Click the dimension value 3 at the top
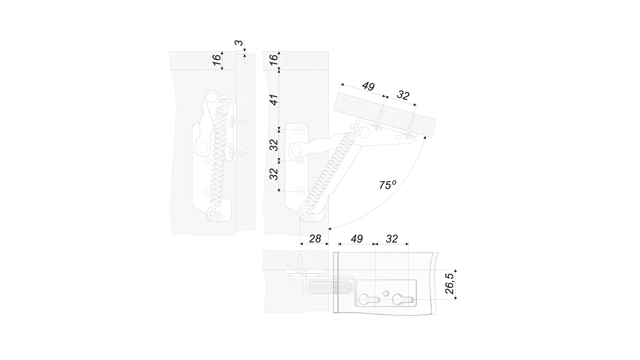pyautogui.click(x=239, y=43)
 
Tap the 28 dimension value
pyautogui.click(x=315, y=239)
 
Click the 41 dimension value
pyautogui.click(x=274, y=100)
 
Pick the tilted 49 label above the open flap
pyautogui.click(x=368, y=86)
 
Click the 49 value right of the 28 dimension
pyautogui.click(x=357, y=239)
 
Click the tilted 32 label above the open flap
pyautogui.click(x=403, y=96)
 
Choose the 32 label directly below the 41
pyautogui.click(x=274, y=145)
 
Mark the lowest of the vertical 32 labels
pyautogui.click(x=274, y=174)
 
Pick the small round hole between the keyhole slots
pyautogui.click(x=386, y=293)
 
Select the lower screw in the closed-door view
pyautogui.click(x=239, y=153)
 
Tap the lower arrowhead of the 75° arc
pyautogui.click(x=330, y=229)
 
